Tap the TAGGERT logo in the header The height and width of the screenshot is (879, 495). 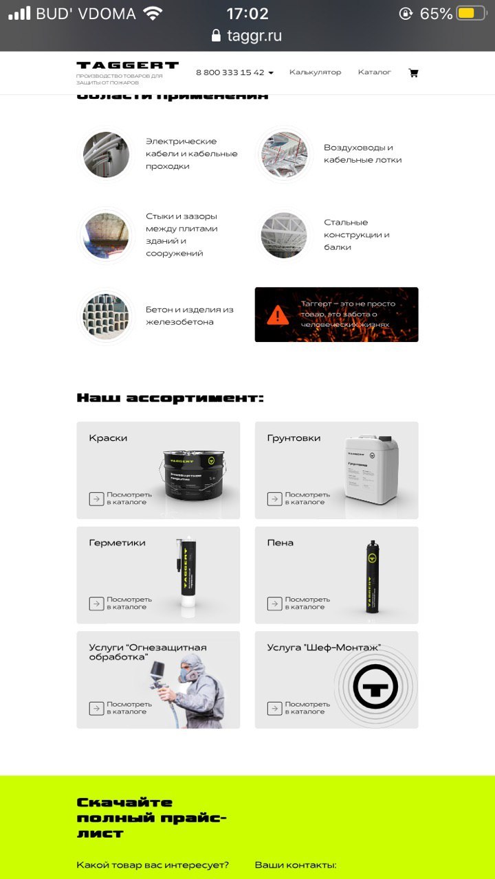click(127, 66)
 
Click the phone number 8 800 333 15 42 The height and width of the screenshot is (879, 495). click(230, 72)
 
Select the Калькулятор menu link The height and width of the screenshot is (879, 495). click(315, 72)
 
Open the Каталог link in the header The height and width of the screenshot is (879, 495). click(374, 72)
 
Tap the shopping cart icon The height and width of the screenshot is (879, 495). click(413, 72)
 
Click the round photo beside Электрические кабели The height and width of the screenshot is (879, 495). click(107, 155)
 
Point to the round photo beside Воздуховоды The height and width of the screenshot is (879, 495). click(283, 155)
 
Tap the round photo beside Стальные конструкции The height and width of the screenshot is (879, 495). click(283, 235)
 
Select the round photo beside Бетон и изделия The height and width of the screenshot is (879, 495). click(107, 316)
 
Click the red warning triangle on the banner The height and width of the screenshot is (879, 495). click(278, 315)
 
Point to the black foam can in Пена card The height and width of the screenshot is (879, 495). click(372, 577)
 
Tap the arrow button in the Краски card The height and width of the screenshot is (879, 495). click(97, 499)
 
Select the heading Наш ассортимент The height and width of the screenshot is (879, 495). click(170, 398)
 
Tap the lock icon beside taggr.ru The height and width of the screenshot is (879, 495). click(217, 36)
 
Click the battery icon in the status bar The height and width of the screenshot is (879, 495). click(470, 14)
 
